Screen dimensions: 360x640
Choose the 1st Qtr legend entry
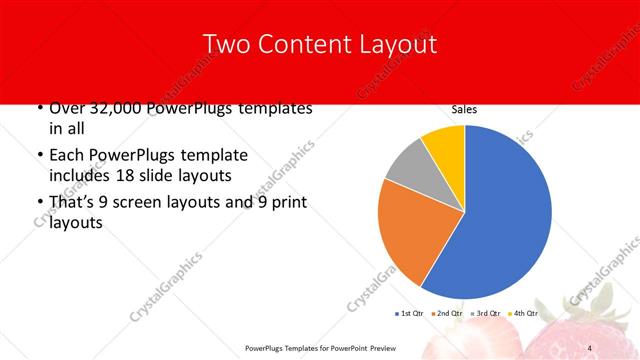coord(411,314)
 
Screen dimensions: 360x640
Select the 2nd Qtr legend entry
coord(449,314)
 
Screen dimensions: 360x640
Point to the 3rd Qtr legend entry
coord(487,314)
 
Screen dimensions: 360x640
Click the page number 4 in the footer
coord(589,347)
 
